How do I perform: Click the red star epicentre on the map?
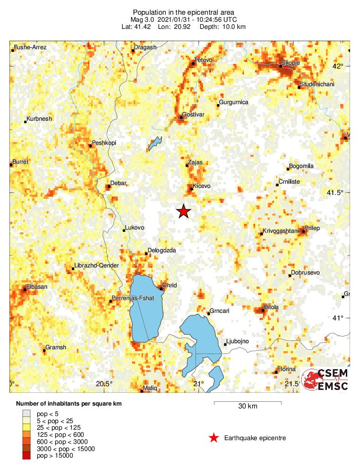coord(184,212)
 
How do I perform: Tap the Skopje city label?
coord(290,62)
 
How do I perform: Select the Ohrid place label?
coord(169,285)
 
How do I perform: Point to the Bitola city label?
coord(271,307)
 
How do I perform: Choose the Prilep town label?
coord(312,228)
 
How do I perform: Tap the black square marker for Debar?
coord(108,186)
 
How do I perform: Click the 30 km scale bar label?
coord(248,406)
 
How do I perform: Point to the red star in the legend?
coord(214,438)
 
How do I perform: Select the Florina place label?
coord(286,369)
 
